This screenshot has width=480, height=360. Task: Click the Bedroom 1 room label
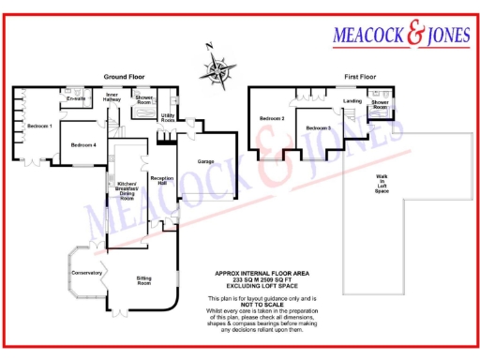[x=39, y=126]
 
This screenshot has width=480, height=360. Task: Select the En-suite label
[x=76, y=98]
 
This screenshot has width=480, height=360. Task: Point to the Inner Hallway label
[x=112, y=97]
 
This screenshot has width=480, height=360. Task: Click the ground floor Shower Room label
[x=143, y=99]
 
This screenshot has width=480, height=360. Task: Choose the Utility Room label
[x=168, y=118]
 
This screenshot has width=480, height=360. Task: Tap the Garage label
[x=205, y=161]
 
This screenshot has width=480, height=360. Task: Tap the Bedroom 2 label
[x=272, y=119]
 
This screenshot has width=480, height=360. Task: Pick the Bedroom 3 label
[x=318, y=127]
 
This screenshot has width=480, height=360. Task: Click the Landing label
[x=352, y=100]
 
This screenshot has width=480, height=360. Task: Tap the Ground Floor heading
[x=123, y=78]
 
